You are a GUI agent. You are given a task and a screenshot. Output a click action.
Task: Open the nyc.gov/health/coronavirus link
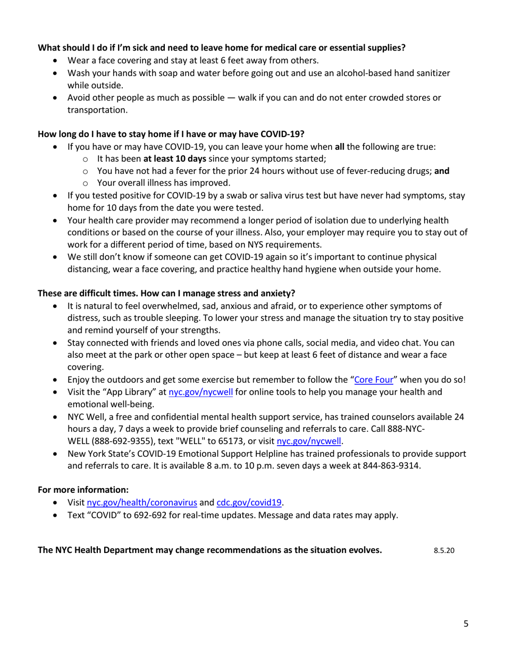coord(142,501)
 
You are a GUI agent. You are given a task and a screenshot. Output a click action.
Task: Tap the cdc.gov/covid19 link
coord(249,501)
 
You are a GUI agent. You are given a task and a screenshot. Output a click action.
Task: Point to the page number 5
coord(466,624)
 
